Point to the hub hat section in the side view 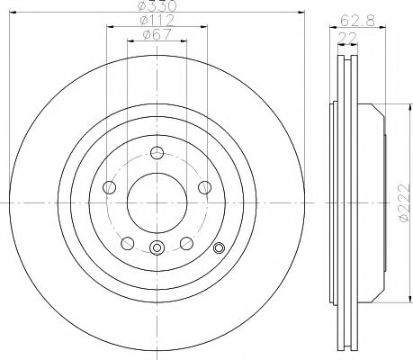point(371,202)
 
